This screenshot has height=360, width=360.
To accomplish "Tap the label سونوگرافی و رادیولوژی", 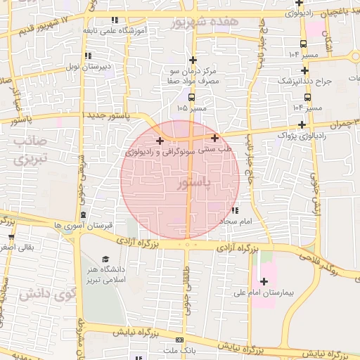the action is [158, 152].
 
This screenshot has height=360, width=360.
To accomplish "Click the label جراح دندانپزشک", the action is [323, 82].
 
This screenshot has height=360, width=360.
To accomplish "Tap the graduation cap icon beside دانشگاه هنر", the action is [106, 259].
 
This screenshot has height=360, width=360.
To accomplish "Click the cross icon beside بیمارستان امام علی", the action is [264, 281].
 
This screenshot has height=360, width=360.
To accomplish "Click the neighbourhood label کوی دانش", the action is [33, 294].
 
